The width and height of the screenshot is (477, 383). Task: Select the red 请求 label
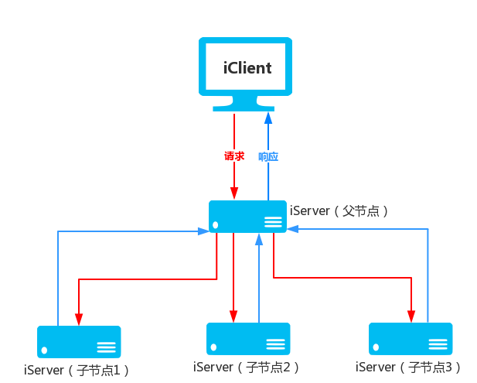(234, 156)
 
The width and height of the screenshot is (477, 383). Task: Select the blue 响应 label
(267, 156)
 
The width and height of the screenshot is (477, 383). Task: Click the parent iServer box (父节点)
(247, 216)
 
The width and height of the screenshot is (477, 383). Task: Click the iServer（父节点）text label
(339, 210)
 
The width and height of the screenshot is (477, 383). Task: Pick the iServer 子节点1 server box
(79, 341)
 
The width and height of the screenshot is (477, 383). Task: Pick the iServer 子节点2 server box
(248, 339)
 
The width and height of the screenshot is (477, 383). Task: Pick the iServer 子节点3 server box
(411, 339)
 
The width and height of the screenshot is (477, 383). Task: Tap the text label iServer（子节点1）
(77, 370)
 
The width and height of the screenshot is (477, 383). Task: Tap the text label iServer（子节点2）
(247, 367)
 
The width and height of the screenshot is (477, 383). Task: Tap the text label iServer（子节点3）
(409, 367)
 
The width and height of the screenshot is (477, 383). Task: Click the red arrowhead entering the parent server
(233, 195)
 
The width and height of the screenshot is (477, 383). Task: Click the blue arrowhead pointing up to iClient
(268, 117)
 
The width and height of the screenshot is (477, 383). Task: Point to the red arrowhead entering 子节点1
(79, 320)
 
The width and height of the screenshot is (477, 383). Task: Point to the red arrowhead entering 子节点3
(411, 317)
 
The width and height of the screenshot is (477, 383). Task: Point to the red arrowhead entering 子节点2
(233, 317)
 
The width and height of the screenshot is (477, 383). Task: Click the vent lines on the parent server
(273, 222)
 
